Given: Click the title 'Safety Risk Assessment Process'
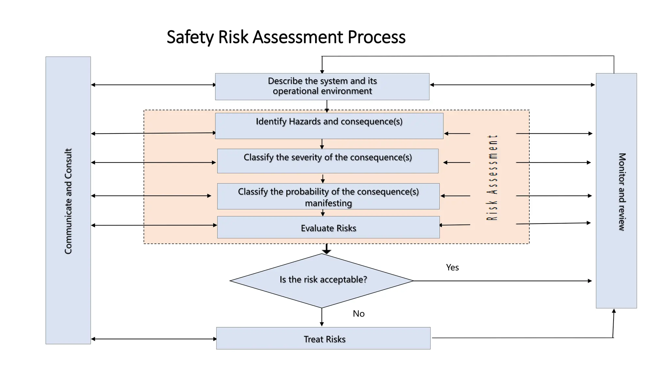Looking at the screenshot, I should [x=286, y=37].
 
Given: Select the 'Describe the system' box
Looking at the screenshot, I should [x=322, y=86].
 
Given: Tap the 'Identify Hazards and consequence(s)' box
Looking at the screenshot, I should [x=329, y=126].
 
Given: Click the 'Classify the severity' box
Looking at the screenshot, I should [x=327, y=161].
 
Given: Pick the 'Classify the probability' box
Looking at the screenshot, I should [x=328, y=196].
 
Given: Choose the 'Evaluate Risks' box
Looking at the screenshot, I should [x=328, y=227].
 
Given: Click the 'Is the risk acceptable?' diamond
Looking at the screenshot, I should [x=322, y=280].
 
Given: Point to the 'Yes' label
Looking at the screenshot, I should [x=452, y=268].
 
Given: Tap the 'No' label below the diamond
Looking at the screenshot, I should [x=358, y=314].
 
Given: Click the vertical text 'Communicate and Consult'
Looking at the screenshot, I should [x=68, y=201].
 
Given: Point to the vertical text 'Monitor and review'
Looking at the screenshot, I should [x=622, y=192].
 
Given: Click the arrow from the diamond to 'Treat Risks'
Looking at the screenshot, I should [x=322, y=317].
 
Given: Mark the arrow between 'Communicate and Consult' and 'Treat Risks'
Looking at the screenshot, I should [x=154, y=339].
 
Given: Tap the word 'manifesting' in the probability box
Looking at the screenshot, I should [x=328, y=203].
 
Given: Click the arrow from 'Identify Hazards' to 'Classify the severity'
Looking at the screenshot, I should [x=322, y=144].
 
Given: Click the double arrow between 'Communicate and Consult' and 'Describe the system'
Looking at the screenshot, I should [x=153, y=85].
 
